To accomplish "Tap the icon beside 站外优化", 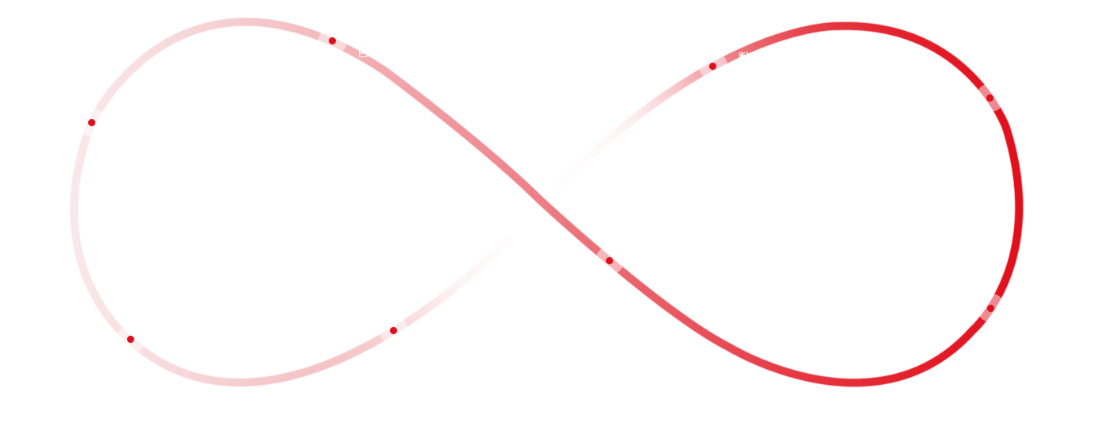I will [332, 40].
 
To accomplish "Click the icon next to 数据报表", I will [91, 121].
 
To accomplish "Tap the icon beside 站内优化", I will [130, 339].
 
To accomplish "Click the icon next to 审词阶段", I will [393, 330].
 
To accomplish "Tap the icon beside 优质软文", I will [609, 260].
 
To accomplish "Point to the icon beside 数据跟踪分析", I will [712, 66].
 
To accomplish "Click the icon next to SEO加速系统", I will [989, 98].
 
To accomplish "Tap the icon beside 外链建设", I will [990, 307].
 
